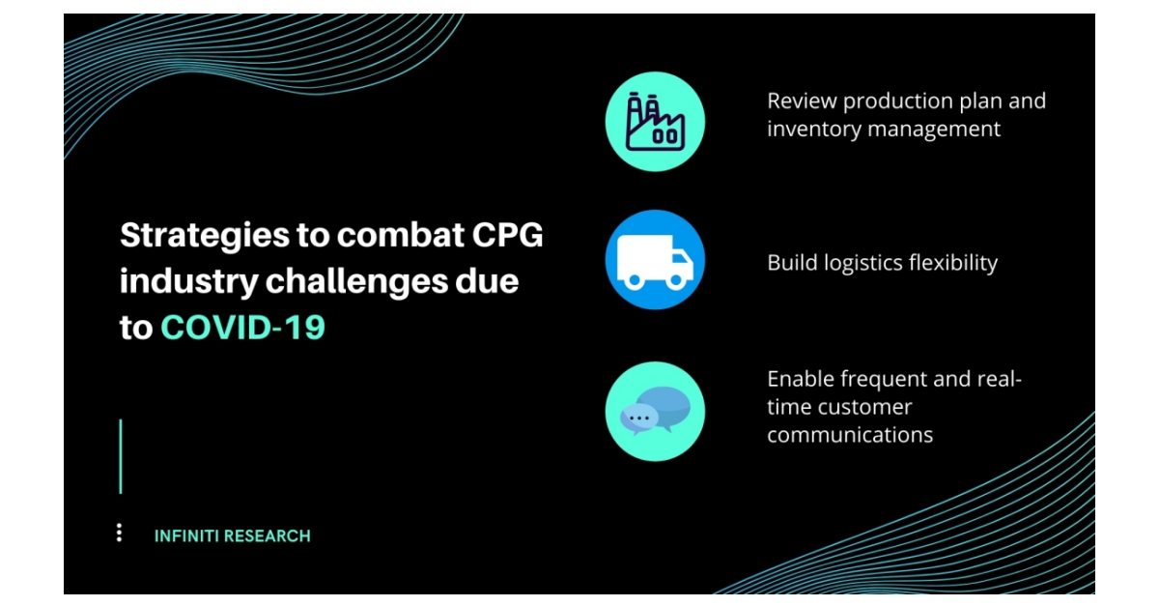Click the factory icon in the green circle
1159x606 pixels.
tap(655, 122)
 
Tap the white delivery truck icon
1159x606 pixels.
tap(655, 261)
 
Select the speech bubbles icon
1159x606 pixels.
tap(655, 413)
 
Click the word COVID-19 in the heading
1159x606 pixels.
tap(243, 328)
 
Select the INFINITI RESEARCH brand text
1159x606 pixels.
tap(233, 535)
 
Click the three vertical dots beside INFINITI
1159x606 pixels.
tap(119, 533)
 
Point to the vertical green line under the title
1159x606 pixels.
tap(121, 456)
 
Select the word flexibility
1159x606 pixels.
tap(951, 263)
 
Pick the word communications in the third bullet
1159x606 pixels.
tap(850, 435)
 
